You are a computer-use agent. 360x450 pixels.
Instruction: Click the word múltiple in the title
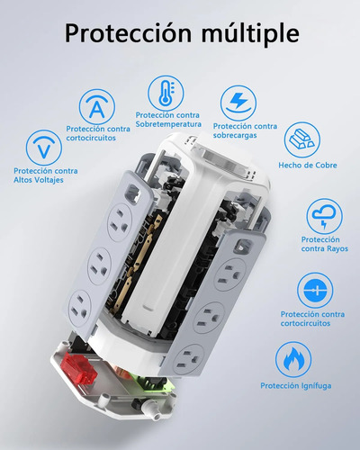pyautogui.click(x=250, y=33)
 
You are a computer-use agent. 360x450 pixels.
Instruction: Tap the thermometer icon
pyautogui.click(x=166, y=93)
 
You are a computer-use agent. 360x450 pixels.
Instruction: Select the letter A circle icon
pyautogui.click(x=97, y=107)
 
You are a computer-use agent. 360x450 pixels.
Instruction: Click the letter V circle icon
pyautogui.click(x=44, y=148)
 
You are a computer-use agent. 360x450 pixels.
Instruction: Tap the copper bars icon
pyautogui.click(x=302, y=139)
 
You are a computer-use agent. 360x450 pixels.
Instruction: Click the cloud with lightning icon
pyautogui.click(x=324, y=217)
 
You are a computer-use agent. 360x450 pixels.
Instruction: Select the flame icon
pyautogui.click(x=293, y=360)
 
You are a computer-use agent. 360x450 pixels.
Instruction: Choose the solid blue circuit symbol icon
pyautogui.click(x=315, y=291)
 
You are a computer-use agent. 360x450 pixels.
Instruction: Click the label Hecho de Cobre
pyautogui.click(x=308, y=165)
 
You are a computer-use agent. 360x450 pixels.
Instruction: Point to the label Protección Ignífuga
pyautogui.click(x=296, y=386)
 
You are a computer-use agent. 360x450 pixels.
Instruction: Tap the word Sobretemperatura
pyautogui.click(x=168, y=124)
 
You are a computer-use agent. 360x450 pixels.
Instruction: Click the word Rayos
pyautogui.click(x=337, y=248)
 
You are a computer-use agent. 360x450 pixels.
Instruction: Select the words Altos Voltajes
pyautogui.click(x=39, y=180)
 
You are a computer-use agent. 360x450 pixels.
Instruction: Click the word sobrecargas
pyautogui.click(x=235, y=135)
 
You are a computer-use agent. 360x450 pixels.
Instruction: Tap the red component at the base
pyautogui.click(x=79, y=368)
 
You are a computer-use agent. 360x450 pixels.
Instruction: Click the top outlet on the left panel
pyautogui.click(x=121, y=222)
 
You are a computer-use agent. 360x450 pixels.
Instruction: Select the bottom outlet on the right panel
pyautogui.click(x=190, y=360)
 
